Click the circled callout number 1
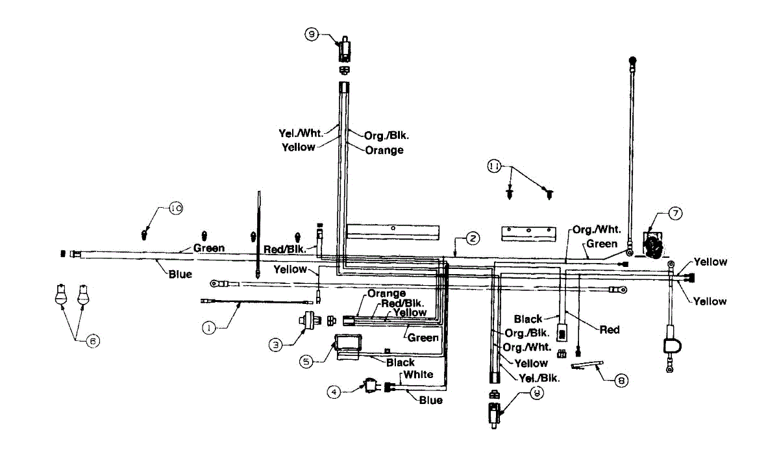point(208,329)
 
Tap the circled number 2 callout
point(473,238)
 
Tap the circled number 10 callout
point(175,208)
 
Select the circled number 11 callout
point(495,167)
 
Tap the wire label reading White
point(418,375)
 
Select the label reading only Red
point(609,330)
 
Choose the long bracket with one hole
point(393,231)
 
